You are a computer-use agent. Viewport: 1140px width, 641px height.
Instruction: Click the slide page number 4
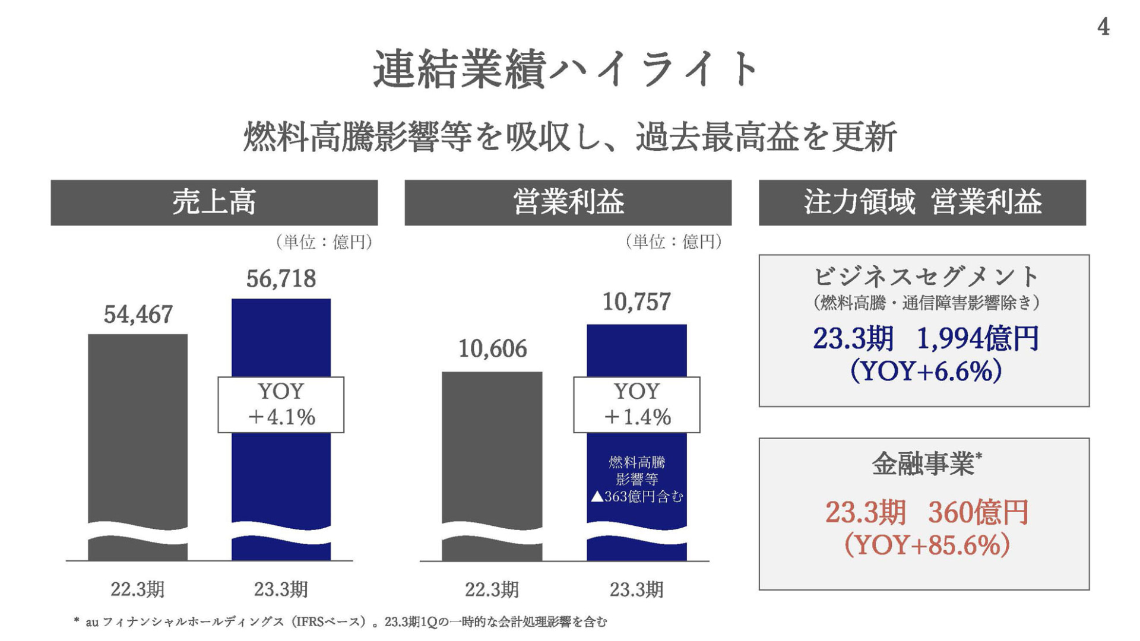(x=1103, y=27)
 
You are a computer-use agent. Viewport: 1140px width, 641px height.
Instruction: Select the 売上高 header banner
(x=214, y=202)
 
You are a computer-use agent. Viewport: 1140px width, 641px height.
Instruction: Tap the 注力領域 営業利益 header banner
(x=922, y=202)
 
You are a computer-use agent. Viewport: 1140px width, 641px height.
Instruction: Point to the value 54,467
(x=138, y=315)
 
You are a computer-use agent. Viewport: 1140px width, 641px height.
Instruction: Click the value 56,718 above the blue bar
(x=281, y=279)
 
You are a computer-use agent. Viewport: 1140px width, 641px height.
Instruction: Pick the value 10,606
(x=492, y=349)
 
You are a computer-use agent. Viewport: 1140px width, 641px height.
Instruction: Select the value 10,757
(x=636, y=302)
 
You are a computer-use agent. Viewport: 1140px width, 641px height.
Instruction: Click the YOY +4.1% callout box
(x=281, y=405)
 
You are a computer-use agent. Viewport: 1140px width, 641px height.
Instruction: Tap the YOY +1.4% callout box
(x=636, y=405)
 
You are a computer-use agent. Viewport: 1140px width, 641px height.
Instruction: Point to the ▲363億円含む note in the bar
(x=637, y=496)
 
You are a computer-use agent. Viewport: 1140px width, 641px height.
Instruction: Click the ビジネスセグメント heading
(x=924, y=277)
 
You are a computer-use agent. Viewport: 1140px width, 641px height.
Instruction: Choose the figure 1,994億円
(x=978, y=339)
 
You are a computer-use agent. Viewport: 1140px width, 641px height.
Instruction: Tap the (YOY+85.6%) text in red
(x=927, y=544)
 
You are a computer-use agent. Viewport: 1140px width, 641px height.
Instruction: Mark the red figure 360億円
(x=978, y=512)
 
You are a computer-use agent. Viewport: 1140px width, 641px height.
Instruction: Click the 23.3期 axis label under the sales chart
(x=281, y=589)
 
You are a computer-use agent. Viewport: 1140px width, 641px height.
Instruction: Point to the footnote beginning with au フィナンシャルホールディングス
(x=341, y=622)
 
